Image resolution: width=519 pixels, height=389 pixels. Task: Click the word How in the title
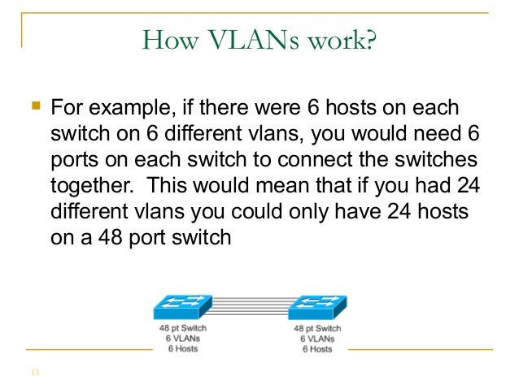171,40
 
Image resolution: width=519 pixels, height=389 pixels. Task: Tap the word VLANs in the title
254,40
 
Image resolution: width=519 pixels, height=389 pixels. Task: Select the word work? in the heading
342,40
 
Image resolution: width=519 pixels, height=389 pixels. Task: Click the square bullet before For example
36,106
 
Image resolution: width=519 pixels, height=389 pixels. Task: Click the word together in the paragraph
92,186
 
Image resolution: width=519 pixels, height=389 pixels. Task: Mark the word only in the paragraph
309,211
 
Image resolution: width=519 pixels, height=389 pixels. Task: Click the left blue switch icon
183,307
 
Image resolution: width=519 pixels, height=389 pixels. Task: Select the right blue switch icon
317,308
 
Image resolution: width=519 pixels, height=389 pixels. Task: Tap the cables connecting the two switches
251,306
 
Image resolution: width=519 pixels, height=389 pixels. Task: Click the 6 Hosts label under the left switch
183,348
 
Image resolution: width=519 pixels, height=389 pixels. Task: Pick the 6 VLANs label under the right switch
317,339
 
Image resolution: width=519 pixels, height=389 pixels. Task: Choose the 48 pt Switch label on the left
183,328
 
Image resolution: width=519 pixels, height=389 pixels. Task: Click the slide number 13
36,373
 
